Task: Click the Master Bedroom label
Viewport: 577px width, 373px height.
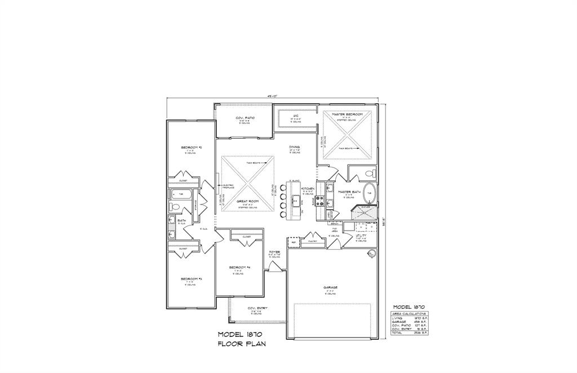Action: [x=347, y=114]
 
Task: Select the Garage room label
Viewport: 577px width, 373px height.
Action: [x=330, y=287]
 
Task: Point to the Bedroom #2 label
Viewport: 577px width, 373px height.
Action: [x=188, y=148]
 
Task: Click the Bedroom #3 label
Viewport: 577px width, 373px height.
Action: [x=188, y=279]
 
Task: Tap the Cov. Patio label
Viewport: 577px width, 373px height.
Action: [x=246, y=118]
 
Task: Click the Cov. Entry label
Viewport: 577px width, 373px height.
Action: [x=258, y=308]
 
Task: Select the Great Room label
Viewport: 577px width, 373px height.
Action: [x=247, y=201]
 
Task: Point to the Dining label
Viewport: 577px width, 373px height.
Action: [x=295, y=147]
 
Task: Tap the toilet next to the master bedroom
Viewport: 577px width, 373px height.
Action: [x=369, y=174]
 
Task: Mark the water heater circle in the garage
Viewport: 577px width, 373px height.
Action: [x=371, y=255]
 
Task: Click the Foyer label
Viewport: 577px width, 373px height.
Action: [x=274, y=252]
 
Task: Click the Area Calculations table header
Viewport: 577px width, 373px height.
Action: [x=410, y=313]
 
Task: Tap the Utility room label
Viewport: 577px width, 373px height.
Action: [x=369, y=235]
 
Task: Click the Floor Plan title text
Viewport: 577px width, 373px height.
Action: [x=242, y=343]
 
